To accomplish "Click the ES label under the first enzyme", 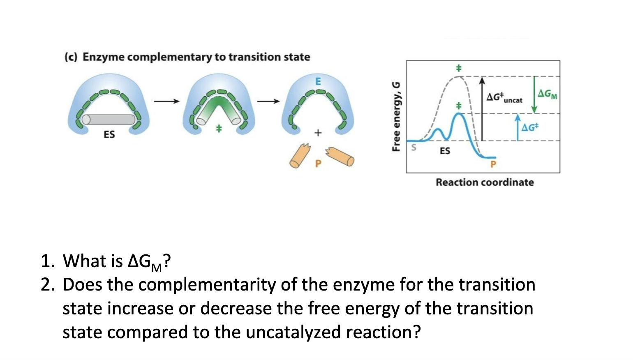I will pyautogui.click(x=109, y=134).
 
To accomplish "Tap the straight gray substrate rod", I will pyautogui.click(x=109, y=120).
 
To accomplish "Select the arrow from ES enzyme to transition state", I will pyautogui.click(x=167, y=101).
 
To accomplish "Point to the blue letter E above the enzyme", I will pyautogui.click(x=318, y=81).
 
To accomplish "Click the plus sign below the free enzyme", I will pyautogui.click(x=317, y=133).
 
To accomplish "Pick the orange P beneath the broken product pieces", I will pyautogui.click(x=317, y=164).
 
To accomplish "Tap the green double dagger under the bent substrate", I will pyautogui.click(x=219, y=129).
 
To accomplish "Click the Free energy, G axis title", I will pyautogui.click(x=396, y=117).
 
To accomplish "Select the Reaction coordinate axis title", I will pyautogui.click(x=485, y=182).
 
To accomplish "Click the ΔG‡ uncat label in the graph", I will pyautogui.click(x=504, y=98).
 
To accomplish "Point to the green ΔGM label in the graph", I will pyautogui.click(x=548, y=94).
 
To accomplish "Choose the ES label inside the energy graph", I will pyautogui.click(x=445, y=151).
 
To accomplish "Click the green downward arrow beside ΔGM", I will pyautogui.click(x=534, y=94).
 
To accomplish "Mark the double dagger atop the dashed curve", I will pyautogui.click(x=459, y=68).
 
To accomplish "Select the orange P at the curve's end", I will pyautogui.click(x=493, y=164).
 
